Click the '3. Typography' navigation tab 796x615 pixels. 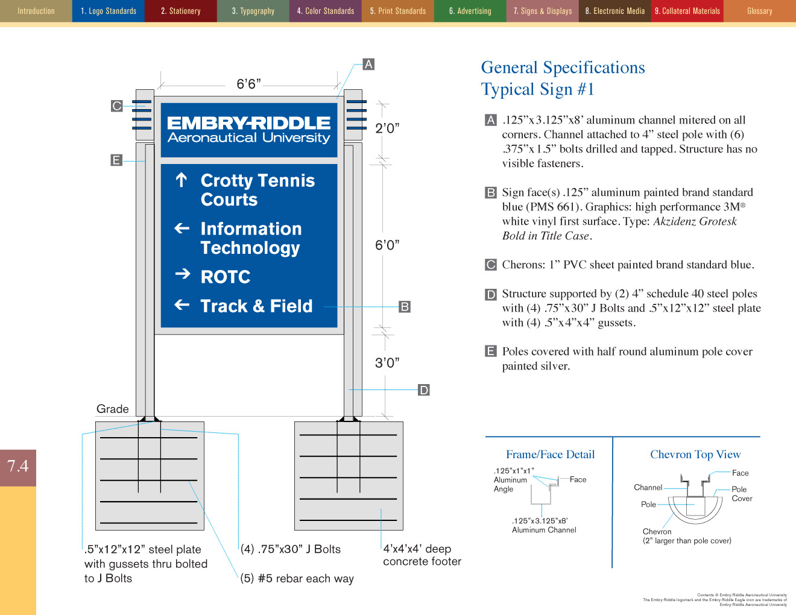(x=253, y=11)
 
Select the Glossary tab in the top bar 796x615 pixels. (x=759, y=11)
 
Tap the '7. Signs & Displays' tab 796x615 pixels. (x=542, y=11)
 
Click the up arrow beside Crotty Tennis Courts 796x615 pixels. (x=182, y=180)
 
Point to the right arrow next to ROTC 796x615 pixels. (x=182, y=274)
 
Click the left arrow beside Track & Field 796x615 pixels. (x=182, y=304)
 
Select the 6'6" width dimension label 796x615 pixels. (x=248, y=84)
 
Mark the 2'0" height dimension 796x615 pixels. (x=387, y=128)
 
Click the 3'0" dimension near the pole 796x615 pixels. (x=387, y=362)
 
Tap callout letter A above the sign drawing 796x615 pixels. (x=368, y=65)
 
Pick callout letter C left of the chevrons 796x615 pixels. (x=117, y=106)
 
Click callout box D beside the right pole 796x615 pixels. (x=424, y=390)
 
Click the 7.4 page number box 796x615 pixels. (x=18, y=466)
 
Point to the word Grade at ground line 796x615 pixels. (x=113, y=409)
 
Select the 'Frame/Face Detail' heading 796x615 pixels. (x=550, y=455)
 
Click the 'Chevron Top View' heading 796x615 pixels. (x=695, y=455)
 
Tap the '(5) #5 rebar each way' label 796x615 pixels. (x=297, y=578)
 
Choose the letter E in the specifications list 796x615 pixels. (x=491, y=352)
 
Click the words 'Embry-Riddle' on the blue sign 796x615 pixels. (x=248, y=123)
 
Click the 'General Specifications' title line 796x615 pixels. (x=563, y=68)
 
